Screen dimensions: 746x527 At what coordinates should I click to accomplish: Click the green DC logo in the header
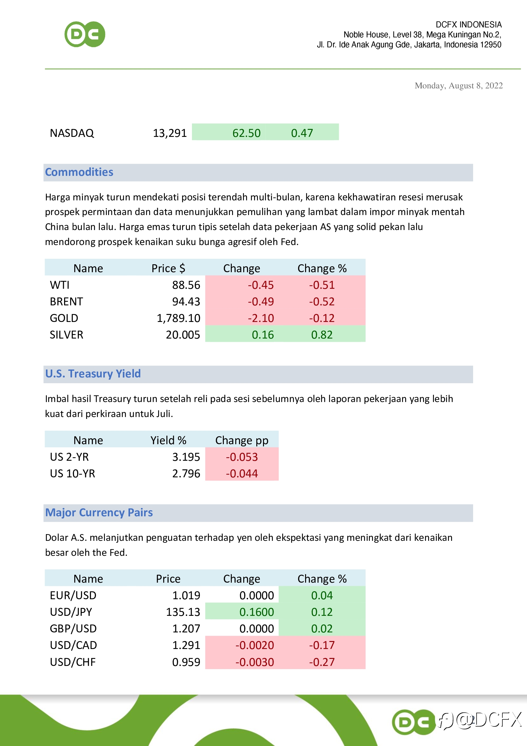[x=85, y=34]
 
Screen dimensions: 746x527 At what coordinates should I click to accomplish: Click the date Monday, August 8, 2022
[x=458, y=86]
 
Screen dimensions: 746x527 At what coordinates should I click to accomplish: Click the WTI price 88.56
[x=186, y=285]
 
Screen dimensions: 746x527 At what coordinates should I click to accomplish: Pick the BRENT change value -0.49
[x=261, y=302]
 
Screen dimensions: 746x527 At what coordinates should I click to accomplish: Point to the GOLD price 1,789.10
[x=178, y=318]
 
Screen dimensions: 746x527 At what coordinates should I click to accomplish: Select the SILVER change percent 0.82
[x=322, y=335]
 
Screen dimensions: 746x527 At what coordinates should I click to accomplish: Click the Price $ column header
[x=168, y=268]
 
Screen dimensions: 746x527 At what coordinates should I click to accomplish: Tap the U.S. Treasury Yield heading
[x=93, y=374]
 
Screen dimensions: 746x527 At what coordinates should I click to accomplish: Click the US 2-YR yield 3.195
[x=186, y=457]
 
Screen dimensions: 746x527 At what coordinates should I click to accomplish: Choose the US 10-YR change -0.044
[x=242, y=474]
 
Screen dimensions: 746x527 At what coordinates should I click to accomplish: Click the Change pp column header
[x=242, y=440]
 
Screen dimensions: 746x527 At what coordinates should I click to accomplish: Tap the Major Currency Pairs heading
[x=99, y=512]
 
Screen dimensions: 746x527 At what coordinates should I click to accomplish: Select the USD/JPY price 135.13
[x=183, y=612]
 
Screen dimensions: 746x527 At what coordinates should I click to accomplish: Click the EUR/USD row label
[x=73, y=595]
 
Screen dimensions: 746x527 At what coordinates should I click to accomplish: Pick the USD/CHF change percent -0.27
[x=322, y=662]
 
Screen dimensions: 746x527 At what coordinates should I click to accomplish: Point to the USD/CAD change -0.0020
[x=254, y=645]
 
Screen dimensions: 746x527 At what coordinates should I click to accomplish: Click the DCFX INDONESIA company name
[x=468, y=25]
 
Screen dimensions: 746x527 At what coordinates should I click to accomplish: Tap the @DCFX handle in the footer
[x=488, y=720]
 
